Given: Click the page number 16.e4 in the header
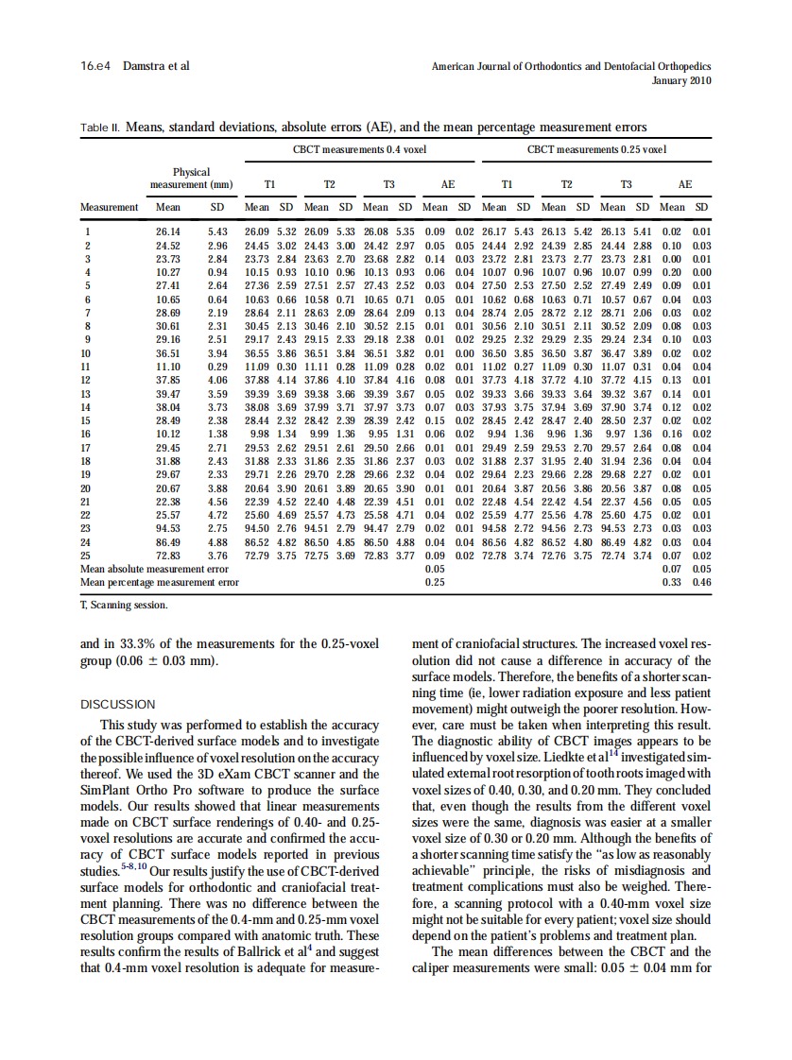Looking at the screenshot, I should coord(95,66).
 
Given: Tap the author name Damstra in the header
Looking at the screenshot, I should coord(145,66).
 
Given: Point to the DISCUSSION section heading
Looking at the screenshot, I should coord(117,703).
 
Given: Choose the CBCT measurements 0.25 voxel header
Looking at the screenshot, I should coord(595,149).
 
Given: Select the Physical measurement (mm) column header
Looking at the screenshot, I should coord(191,178).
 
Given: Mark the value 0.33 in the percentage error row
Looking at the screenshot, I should coord(673,582).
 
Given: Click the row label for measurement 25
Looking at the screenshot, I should coord(87,556).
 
